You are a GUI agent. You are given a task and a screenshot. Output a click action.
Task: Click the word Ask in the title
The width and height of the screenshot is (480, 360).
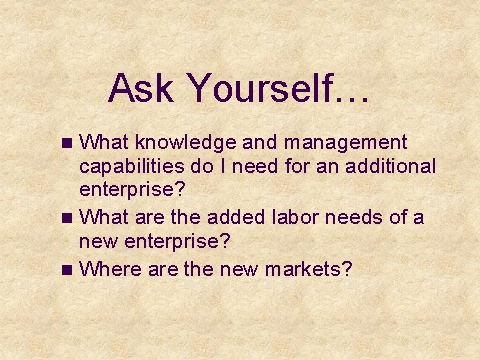141,87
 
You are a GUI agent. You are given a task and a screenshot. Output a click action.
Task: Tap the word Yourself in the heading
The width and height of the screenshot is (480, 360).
260,87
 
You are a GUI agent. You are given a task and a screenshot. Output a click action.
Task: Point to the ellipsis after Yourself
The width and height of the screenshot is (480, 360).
352,99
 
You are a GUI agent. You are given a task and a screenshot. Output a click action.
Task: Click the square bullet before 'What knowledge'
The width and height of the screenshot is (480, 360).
67,143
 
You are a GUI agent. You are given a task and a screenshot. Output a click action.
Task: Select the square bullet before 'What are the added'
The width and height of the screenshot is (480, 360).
67,218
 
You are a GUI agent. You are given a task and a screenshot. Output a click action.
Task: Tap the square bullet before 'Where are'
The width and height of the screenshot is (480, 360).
67,270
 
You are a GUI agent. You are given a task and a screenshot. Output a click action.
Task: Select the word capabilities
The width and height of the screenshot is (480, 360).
132,167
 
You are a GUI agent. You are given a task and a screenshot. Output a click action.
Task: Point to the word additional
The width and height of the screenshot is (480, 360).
391,166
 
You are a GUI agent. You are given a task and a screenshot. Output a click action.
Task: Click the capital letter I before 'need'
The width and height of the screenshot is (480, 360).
223,166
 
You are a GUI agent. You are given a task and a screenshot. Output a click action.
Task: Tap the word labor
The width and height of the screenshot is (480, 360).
296,217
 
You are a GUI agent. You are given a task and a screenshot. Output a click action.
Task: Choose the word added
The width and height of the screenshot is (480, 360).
236,217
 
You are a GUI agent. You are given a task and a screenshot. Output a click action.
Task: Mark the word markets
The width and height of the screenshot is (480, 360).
303,269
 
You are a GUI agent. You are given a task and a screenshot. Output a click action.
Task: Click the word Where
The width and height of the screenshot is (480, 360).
110,269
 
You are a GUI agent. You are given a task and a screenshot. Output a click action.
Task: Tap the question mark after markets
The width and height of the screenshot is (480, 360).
347,268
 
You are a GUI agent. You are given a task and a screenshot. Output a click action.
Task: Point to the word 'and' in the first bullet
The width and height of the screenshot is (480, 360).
260,142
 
